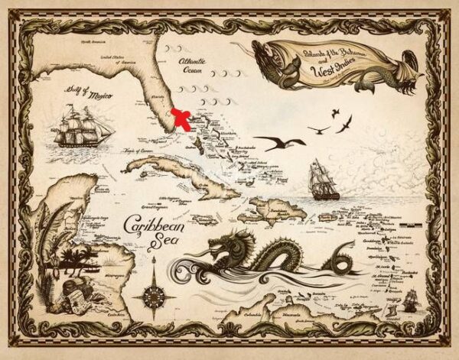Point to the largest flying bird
[279, 142]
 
